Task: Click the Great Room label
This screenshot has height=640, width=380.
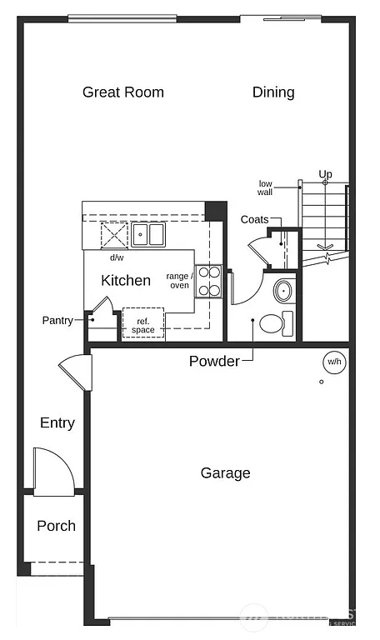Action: tap(123, 92)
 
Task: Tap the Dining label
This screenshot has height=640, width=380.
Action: tap(273, 92)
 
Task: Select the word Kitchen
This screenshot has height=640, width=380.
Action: tap(126, 281)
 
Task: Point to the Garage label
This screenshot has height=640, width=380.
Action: tap(225, 473)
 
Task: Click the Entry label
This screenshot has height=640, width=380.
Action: tap(57, 423)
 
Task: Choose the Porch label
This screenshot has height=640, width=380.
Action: tap(57, 526)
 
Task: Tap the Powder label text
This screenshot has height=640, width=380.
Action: tap(214, 361)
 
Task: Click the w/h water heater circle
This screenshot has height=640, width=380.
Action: tap(334, 362)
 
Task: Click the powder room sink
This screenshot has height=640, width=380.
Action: tap(283, 292)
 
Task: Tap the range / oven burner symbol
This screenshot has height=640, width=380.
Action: tap(209, 281)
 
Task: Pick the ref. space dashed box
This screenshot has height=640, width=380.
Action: tap(143, 323)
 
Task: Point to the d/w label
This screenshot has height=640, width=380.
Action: tap(116, 257)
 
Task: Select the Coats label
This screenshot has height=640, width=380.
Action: tap(254, 219)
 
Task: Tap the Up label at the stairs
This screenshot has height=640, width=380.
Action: tap(325, 174)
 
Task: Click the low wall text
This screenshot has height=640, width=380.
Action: tap(266, 187)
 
